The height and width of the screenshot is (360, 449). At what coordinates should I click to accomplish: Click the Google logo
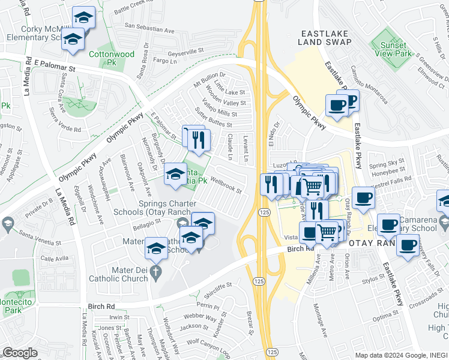[20, 353]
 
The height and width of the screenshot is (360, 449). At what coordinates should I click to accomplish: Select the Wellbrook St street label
[226, 185]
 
